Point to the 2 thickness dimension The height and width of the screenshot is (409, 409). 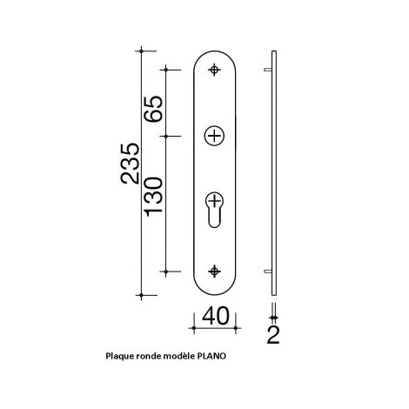point(275,334)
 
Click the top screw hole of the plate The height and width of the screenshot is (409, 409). point(215,70)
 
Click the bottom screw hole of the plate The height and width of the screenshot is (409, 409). point(215,271)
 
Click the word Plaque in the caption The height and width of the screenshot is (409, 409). point(119,356)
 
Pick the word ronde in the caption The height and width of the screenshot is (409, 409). point(152,356)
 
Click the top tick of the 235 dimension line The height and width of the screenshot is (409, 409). point(142,50)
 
